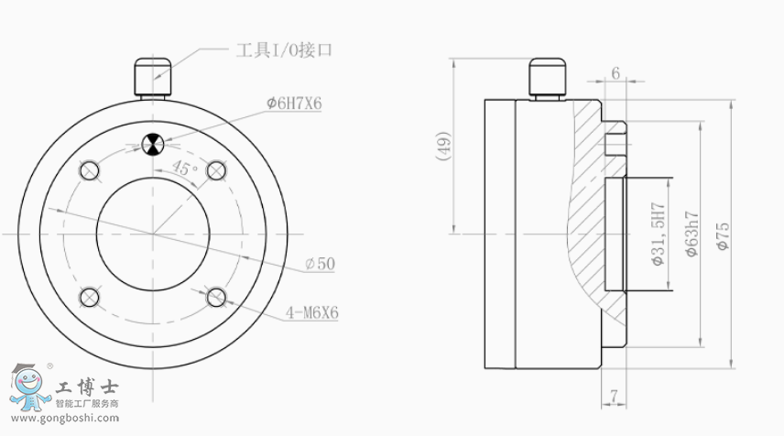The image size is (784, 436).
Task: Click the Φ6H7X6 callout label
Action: (x=293, y=104)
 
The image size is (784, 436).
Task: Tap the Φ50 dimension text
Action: (x=320, y=264)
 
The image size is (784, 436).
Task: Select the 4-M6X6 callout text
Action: (x=312, y=313)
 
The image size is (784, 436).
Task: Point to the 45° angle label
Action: (x=185, y=168)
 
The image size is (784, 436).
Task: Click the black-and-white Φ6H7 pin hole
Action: (x=153, y=145)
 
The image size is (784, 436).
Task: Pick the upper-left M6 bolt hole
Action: (x=90, y=170)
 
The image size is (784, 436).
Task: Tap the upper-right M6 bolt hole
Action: (x=216, y=170)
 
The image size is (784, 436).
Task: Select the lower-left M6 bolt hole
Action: (x=90, y=298)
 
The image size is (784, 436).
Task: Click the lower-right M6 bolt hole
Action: (x=216, y=298)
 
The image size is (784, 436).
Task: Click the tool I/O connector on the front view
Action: (x=153, y=78)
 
